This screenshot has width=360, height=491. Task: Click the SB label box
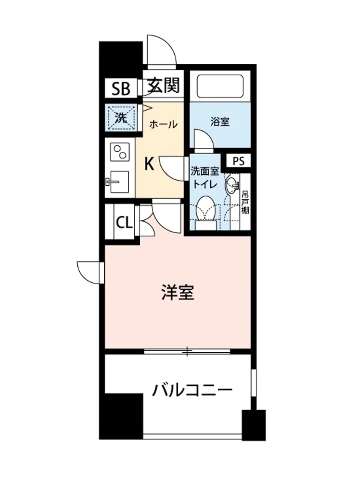[121, 88]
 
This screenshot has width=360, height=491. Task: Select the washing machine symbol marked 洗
[120, 118]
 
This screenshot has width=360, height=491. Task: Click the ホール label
[163, 124]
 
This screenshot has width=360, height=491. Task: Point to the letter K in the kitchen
[149, 164]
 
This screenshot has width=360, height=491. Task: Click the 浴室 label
[220, 122]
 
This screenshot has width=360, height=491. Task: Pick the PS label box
[239, 161]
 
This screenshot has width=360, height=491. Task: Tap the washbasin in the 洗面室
[232, 186]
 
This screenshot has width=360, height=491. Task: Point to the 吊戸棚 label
[245, 203]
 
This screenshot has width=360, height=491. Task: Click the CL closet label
[124, 223]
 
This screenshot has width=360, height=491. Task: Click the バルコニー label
[192, 390]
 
